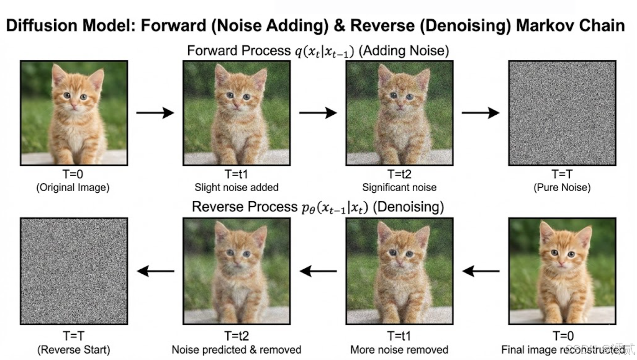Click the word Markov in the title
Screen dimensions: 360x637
point(544,26)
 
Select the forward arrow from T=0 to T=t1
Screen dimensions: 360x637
point(155,113)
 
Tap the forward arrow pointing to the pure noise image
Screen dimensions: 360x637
point(481,113)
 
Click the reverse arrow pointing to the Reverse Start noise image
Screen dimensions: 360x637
point(155,271)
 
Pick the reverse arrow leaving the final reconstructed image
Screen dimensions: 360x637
point(481,271)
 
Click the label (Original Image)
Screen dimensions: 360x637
point(73,187)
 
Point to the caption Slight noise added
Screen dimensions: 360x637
point(236,187)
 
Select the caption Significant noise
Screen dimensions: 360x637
point(399,187)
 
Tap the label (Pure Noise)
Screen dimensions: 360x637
point(562,187)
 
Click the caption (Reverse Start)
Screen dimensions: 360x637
point(74,350)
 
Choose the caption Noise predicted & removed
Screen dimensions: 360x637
point(236,350)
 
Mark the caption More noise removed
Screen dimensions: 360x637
point(399,350)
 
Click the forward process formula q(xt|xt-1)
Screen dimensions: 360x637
point(324,51)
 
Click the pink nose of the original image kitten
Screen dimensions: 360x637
point(74,106)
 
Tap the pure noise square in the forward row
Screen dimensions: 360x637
point(562,113)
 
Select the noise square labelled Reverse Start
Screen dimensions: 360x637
point(74,271)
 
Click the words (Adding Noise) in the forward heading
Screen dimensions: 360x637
point(404,51)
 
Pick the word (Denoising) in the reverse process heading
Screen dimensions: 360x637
point(408,207)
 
